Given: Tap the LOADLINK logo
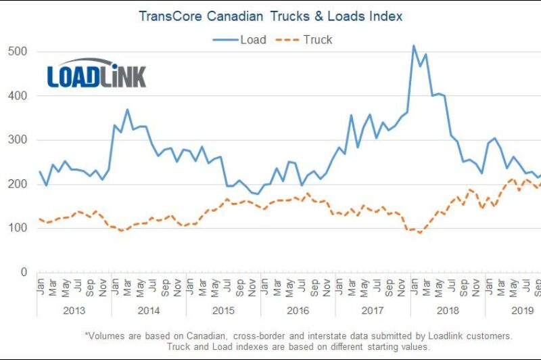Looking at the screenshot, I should coord(96,73).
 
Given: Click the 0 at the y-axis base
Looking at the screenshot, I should coord(23,272).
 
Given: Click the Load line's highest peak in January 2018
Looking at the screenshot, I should coord(414,46).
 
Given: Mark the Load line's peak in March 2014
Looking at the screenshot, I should coord(127,110).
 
